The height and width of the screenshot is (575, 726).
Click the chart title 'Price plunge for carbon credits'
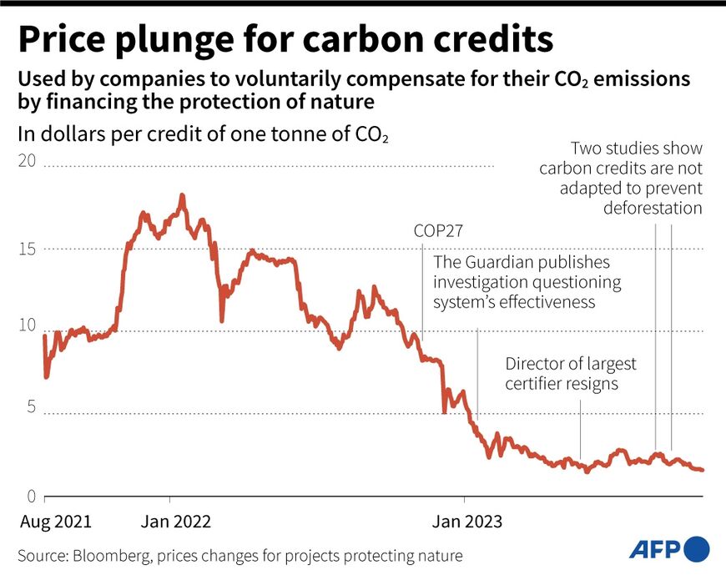285,39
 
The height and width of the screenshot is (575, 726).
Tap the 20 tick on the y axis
29,160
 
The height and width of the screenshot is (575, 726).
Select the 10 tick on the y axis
29,325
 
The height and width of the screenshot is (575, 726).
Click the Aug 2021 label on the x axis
55,522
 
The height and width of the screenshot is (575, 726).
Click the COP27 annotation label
438,231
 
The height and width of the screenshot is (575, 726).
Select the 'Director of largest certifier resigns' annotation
571,374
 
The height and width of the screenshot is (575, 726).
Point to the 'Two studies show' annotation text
637,149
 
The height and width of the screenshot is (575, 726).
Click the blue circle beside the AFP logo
697,549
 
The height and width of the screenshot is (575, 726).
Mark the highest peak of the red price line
182,196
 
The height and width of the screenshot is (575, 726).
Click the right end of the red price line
703,470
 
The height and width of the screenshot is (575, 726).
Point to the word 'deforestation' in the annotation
653,208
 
